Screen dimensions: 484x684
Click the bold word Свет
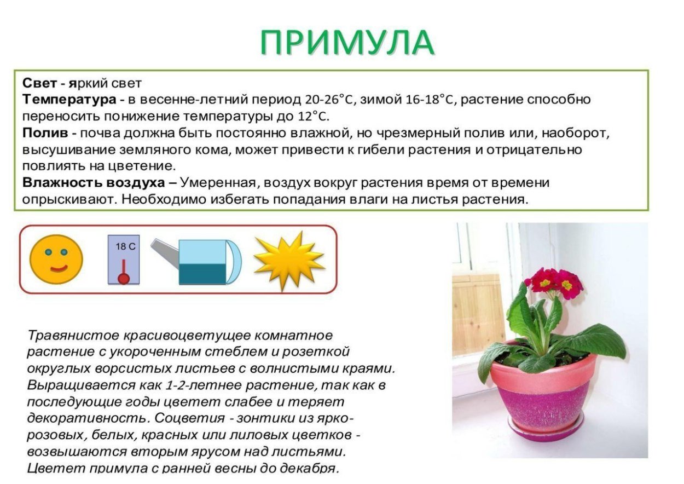(x=39, y=84)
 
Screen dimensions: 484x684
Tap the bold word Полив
(x=45, y=133)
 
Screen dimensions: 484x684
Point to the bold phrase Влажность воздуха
(x=93, y=182)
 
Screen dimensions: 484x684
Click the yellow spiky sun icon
(x=288, y=260)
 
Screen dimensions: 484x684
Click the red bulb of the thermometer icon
(x=124, y=279)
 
